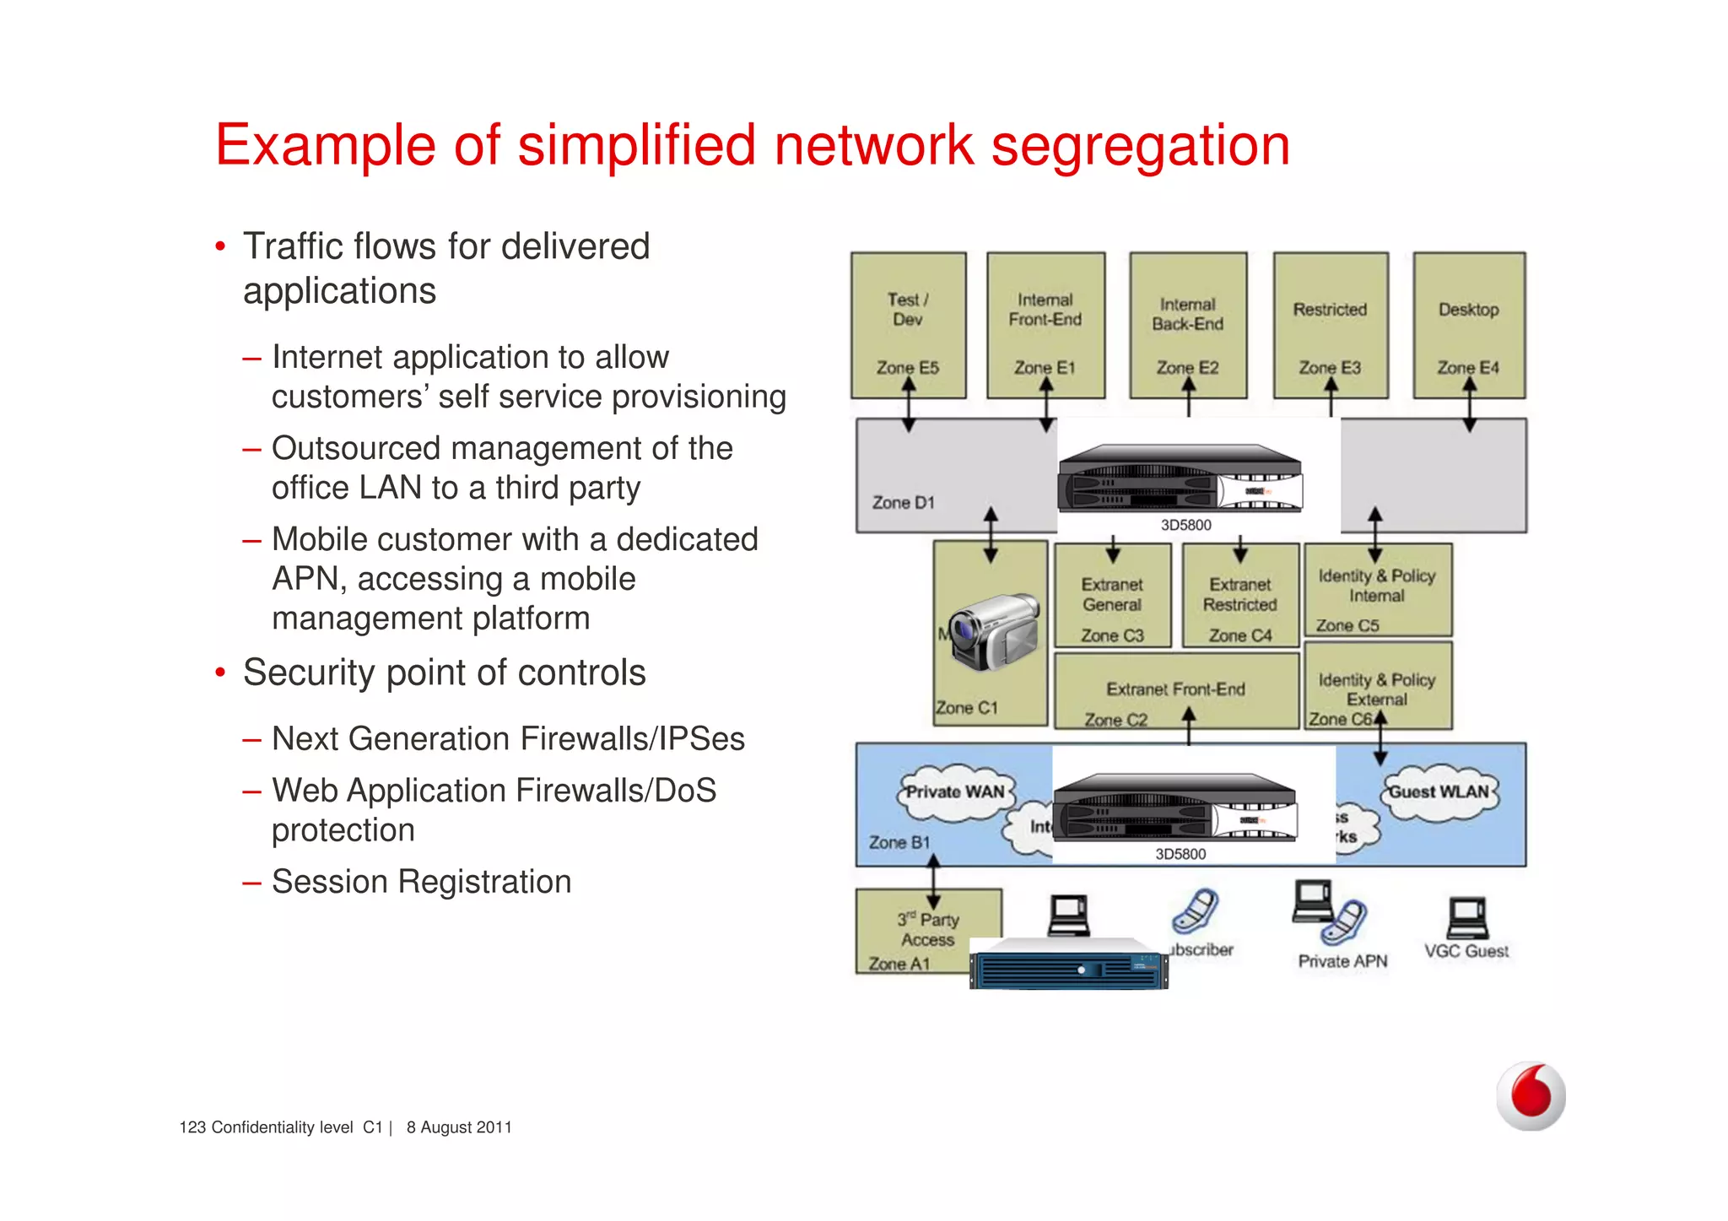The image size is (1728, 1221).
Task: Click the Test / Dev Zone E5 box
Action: point(908,325)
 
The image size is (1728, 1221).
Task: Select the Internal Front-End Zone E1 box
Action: point(1045,325)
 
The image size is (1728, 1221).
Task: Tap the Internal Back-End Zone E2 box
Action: point(1188,325)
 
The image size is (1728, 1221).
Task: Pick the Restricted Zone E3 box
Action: point(1331,325)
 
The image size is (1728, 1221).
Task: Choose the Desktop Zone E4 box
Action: point(1469,325)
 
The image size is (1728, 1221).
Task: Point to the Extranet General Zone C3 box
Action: point(1113,596)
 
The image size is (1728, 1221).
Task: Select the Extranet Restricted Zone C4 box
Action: point(1240,596)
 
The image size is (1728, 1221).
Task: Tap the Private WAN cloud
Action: point(955,792)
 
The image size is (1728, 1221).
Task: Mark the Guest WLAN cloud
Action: point(1439,792)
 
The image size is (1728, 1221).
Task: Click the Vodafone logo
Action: point(1531,1095)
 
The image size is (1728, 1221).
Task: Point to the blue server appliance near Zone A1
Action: point(1069,964)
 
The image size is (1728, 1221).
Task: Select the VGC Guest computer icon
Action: point(1467,919)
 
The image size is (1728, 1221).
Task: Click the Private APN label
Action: point(1342,961)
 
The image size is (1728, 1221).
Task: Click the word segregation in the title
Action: point(1140,146)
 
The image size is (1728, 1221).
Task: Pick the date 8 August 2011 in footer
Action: point(459,1127)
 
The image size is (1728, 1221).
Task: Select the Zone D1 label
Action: point(903,503)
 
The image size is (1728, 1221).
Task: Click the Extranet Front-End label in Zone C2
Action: point(1175,689)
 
